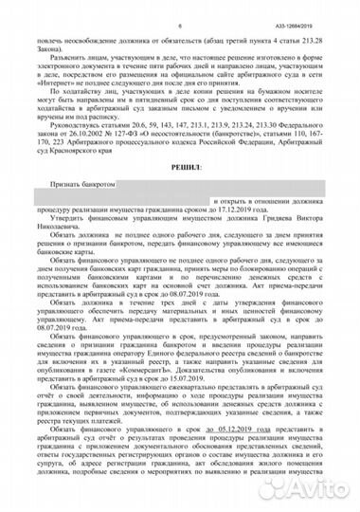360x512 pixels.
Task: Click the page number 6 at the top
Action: pyautogui.click(x=180, y=8)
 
